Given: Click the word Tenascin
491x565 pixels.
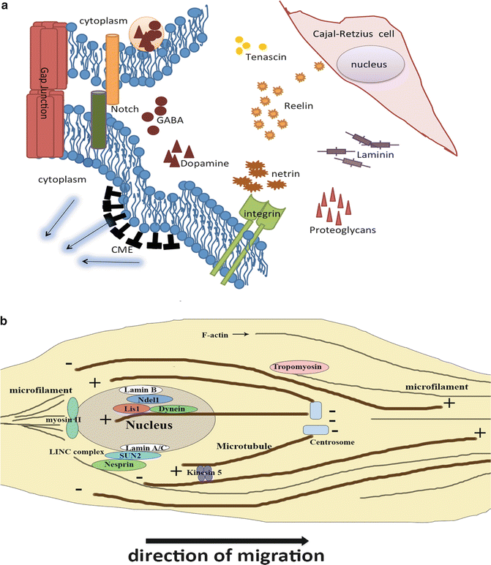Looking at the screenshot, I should pyautogui.click(x=263, y=59).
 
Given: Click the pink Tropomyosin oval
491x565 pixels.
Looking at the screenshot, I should pyautogui.click(x=300, y=366).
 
